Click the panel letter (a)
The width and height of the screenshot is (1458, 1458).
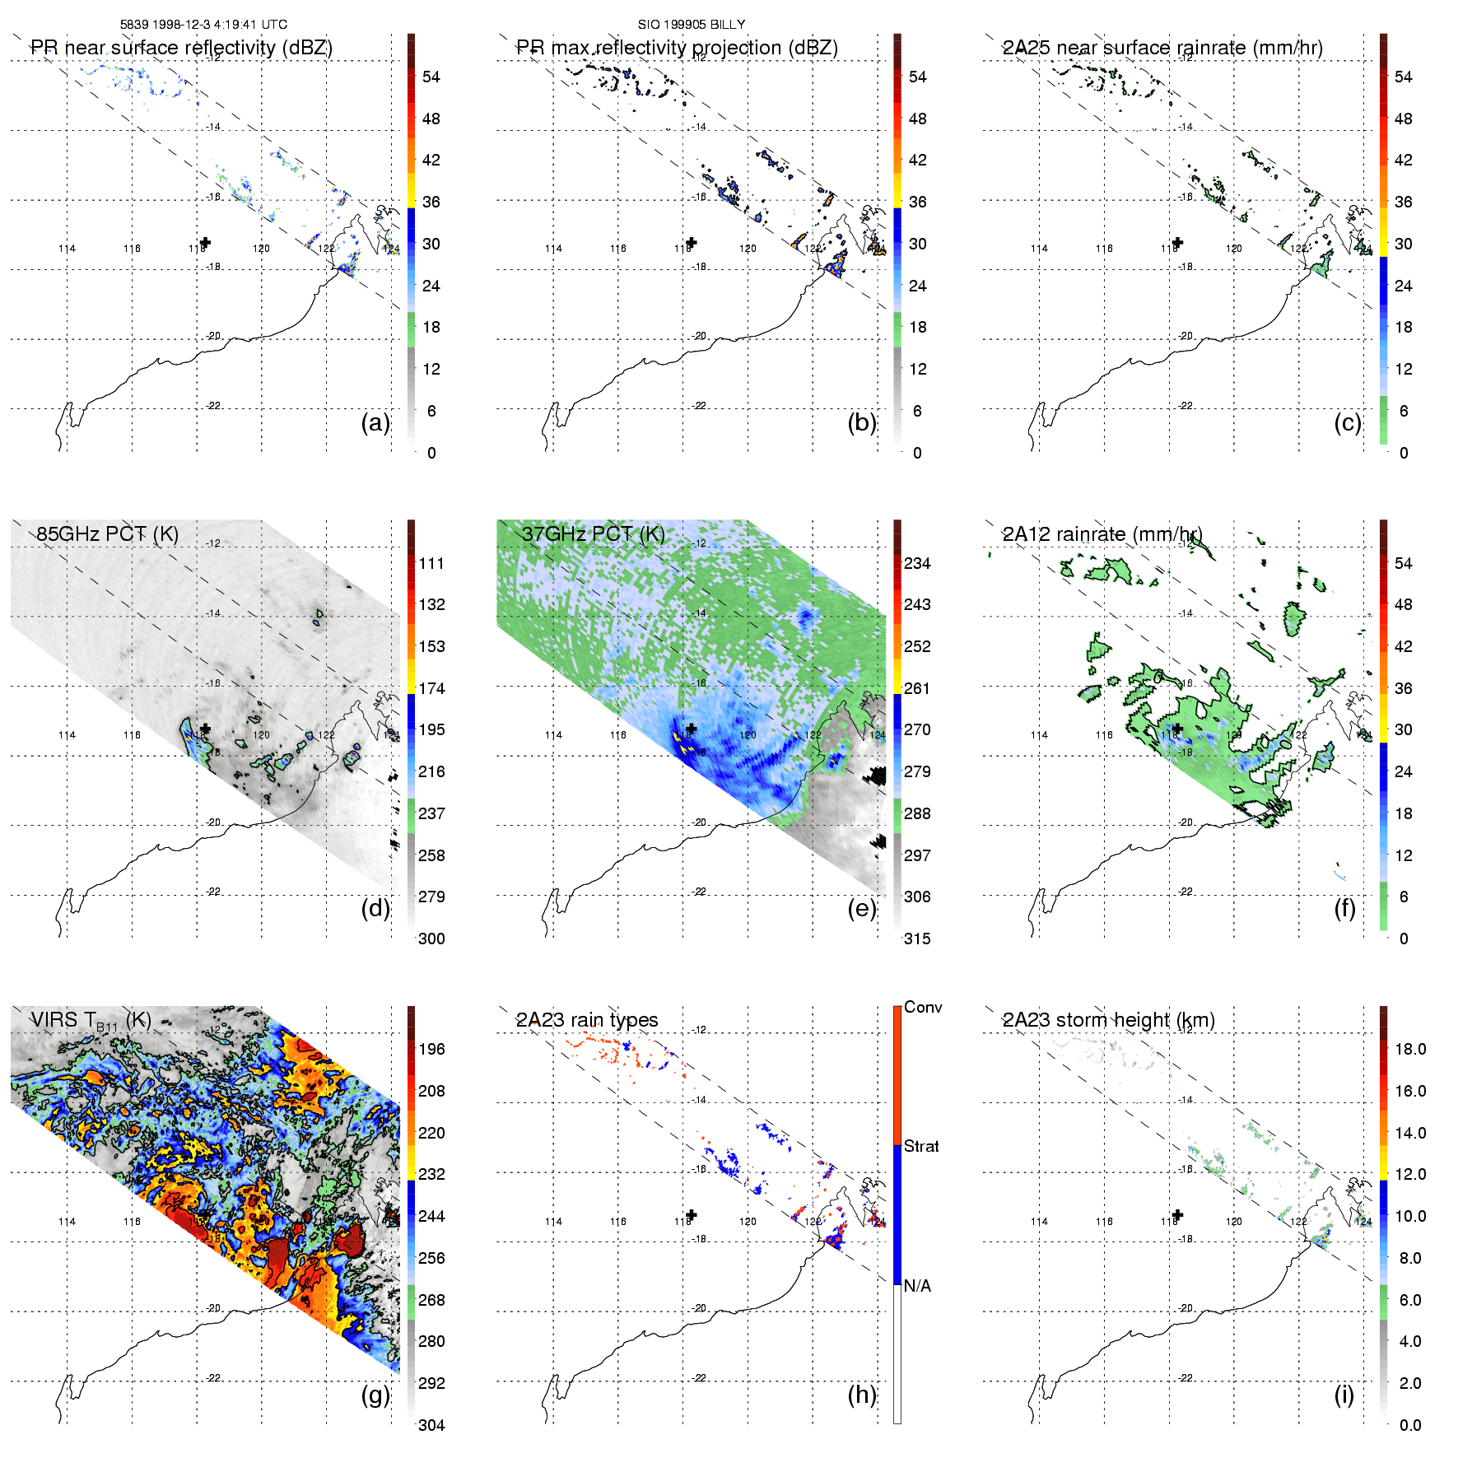[375, 423]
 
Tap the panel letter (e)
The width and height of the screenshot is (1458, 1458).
[861, 909]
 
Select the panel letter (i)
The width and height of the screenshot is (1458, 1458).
[1344, 1395]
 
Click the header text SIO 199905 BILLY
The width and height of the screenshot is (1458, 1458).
[692, 25]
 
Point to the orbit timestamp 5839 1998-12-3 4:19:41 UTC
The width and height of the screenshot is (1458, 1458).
[204, 25]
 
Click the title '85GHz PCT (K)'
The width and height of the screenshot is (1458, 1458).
[107, 534]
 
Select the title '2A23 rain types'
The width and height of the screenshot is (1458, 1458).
[587, 1020]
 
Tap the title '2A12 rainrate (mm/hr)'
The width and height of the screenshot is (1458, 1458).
[1102, 534]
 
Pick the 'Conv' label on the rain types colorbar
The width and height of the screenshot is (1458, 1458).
[923, 1007]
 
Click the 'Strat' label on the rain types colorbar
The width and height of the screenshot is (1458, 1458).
[921, 1146]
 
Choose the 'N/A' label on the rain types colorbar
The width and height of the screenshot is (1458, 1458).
[917, 1286]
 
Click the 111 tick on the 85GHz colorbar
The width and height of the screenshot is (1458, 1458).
[431, 563]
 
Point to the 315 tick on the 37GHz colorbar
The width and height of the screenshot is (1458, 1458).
[917, 939]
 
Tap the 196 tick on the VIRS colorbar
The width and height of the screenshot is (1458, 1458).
[431, 1049]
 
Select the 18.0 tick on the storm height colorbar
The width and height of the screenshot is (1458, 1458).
[1410, 1049]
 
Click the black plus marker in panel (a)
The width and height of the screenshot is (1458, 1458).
[205, 242]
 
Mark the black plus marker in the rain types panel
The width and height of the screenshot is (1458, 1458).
[692, 1214]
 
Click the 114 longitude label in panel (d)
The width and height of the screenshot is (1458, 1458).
[67, 735]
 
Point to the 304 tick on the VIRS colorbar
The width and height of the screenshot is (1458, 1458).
[431, 1425]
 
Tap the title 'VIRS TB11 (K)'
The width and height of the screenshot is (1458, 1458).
[91, 1021]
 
